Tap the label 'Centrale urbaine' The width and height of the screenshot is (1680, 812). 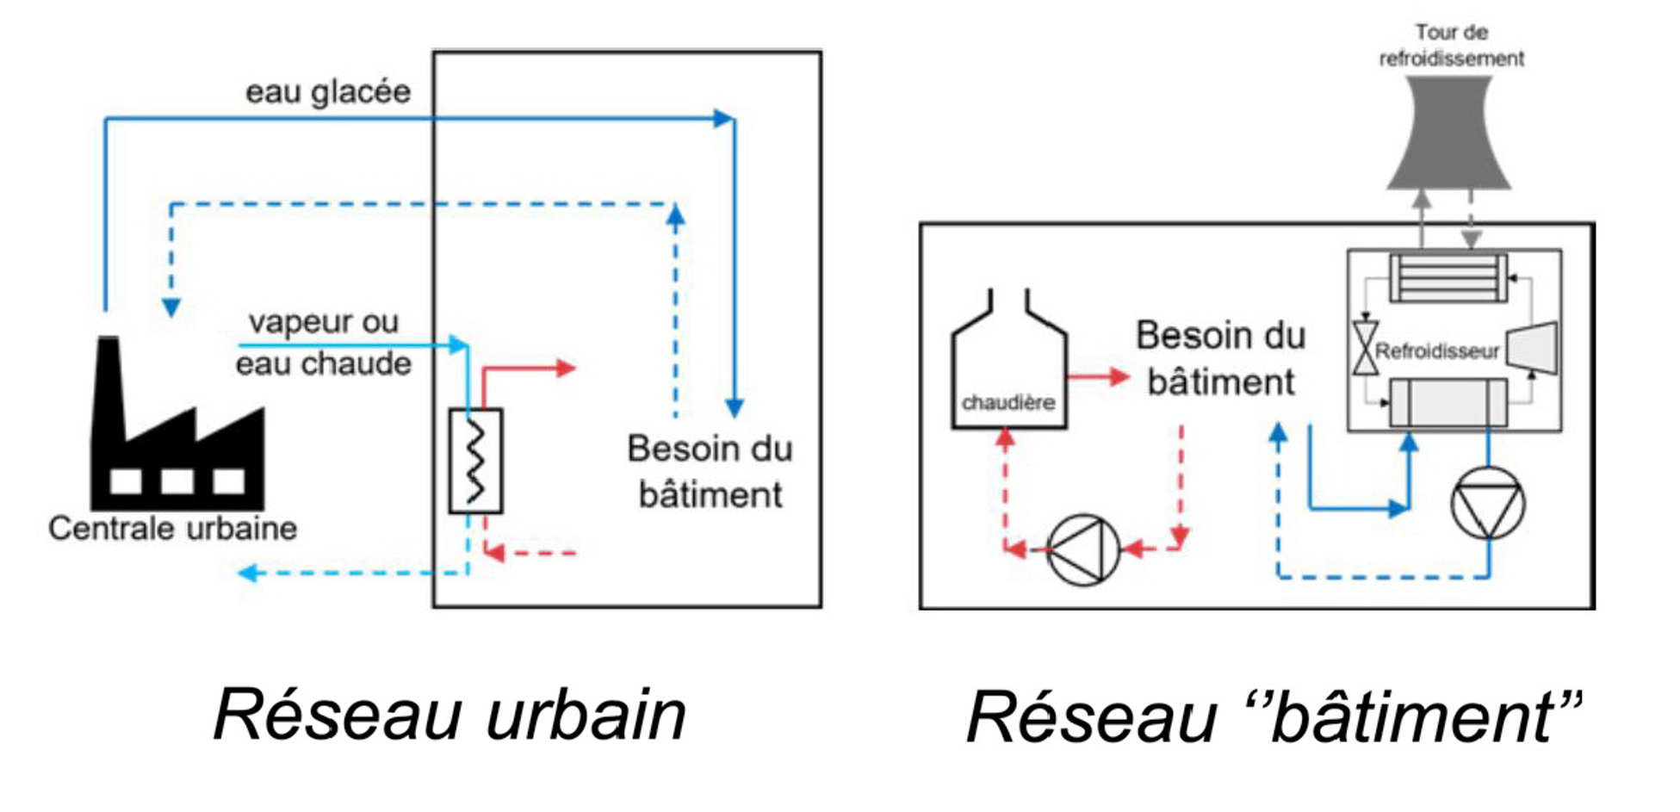(x=172, y=528)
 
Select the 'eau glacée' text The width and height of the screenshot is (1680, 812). (x=327, y=91)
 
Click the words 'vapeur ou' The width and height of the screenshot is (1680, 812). (x=323, y=322)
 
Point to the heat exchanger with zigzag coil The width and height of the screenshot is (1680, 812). (x=475, y=461)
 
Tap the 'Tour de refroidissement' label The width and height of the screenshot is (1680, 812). (x=1451, y=46)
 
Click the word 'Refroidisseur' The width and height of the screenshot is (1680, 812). (x=1437, y=351)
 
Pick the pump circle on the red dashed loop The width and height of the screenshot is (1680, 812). (x=1082, y=549)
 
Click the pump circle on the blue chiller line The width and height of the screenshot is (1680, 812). (x=1487, y=504)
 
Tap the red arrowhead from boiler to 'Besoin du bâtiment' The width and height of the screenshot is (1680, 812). (x=1119, y=376)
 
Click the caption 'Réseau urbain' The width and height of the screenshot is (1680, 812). (x=449, y=714)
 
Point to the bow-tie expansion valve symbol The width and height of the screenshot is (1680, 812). (x=1365, y=348)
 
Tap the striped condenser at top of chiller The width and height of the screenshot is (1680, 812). (x=1448, y=277)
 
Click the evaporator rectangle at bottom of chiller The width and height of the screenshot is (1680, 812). (x=1448, y=402)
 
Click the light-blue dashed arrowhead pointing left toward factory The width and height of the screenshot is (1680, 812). (x=248, y=573)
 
